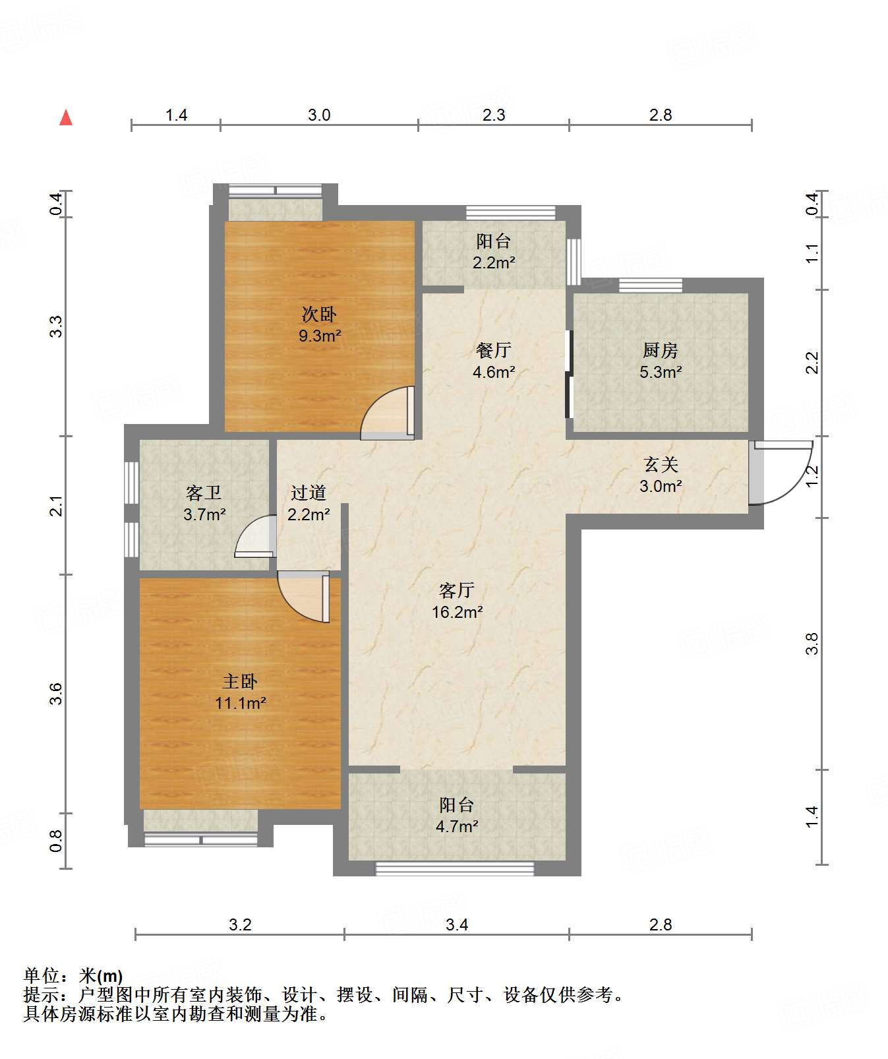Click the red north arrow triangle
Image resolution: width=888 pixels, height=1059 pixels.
[x=66, y=117]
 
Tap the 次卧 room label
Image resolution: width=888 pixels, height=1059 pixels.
[x=320, y=314]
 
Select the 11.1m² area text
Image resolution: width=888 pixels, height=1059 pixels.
[x=241, y=703]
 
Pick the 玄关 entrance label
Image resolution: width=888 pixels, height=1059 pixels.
[x=661, y=464]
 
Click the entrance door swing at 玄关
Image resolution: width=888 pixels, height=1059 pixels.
[x=781, y=472]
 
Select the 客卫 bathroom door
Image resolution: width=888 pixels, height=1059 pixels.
[x=256, y=536]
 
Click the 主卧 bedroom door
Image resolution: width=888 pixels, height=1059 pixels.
[x=304, y=597]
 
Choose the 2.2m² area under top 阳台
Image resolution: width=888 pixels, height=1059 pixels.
[x=494, y=262]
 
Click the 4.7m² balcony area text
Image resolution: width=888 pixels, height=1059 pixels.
[x=457, y=826]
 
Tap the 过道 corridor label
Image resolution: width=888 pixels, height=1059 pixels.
[x=309, y=492]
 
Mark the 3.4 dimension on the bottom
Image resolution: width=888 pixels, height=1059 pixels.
[x=457, y=924]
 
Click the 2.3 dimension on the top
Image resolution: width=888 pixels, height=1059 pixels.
[x=494, y=115]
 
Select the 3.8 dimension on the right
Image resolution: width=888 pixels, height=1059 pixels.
[x=812, y=644]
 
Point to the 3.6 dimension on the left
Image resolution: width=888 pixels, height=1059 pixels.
[x=56, y=694]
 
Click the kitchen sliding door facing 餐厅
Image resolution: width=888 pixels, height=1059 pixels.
[x=569, y=373]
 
